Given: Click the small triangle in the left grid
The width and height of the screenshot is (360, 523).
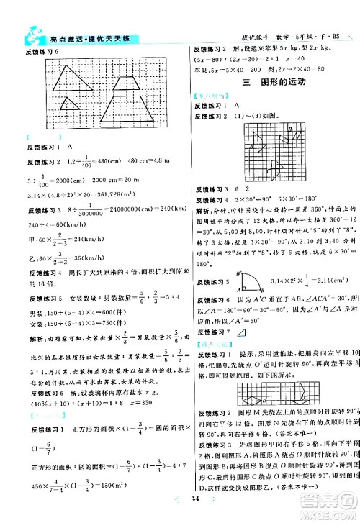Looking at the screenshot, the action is pos(70,104).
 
